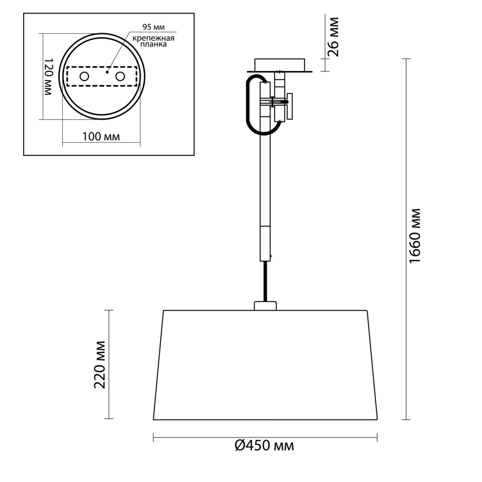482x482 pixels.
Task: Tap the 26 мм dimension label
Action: click(333, 37)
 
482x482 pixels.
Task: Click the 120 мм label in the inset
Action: click(48, 77)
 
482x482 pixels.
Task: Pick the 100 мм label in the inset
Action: click(101, 137)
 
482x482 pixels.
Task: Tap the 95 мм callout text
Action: click(153, 27)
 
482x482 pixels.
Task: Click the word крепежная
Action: click(153, 39)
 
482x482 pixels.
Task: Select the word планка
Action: click(153, 45)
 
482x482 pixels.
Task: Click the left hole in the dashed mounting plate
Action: click(84, 77)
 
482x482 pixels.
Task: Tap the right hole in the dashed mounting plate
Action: click(120, 77)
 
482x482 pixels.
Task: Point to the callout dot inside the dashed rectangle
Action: click(107, 72)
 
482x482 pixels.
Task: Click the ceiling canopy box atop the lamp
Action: click(280, 65)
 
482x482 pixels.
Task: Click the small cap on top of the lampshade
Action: click(265, 306)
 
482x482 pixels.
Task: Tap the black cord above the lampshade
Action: click(266, 282)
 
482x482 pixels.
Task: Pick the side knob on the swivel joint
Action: click(290, 106)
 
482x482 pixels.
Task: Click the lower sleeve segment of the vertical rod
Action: click(265, 244)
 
